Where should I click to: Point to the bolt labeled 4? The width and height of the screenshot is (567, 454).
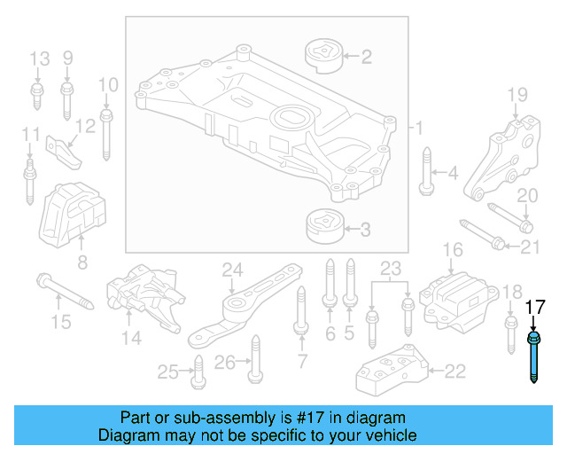point(426,173)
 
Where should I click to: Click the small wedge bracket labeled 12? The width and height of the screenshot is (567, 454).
point(63,150)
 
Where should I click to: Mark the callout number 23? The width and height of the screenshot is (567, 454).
point(391,269)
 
